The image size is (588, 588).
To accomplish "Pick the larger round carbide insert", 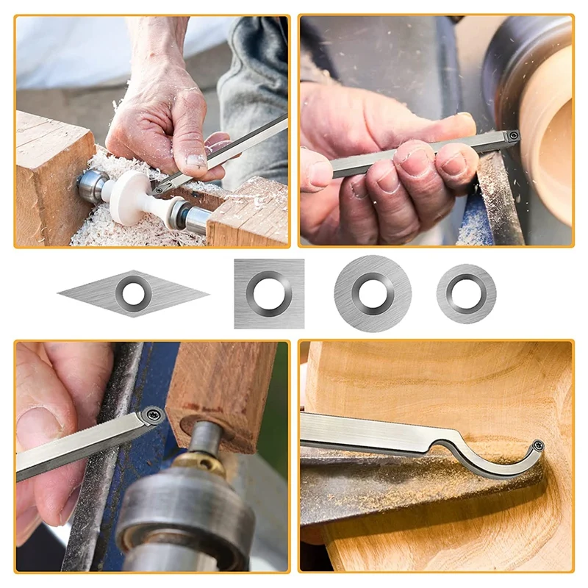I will (x=373, y=293).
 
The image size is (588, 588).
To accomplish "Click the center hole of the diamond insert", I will (x=133, y=294).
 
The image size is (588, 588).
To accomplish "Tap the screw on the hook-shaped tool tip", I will (x=538, y=445).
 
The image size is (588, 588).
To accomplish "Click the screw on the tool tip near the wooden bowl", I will (x=513, y=135).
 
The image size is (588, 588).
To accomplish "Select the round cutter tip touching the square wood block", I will (x=152, y=416).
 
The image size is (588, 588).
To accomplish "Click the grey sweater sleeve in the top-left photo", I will (x=254, y=81).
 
